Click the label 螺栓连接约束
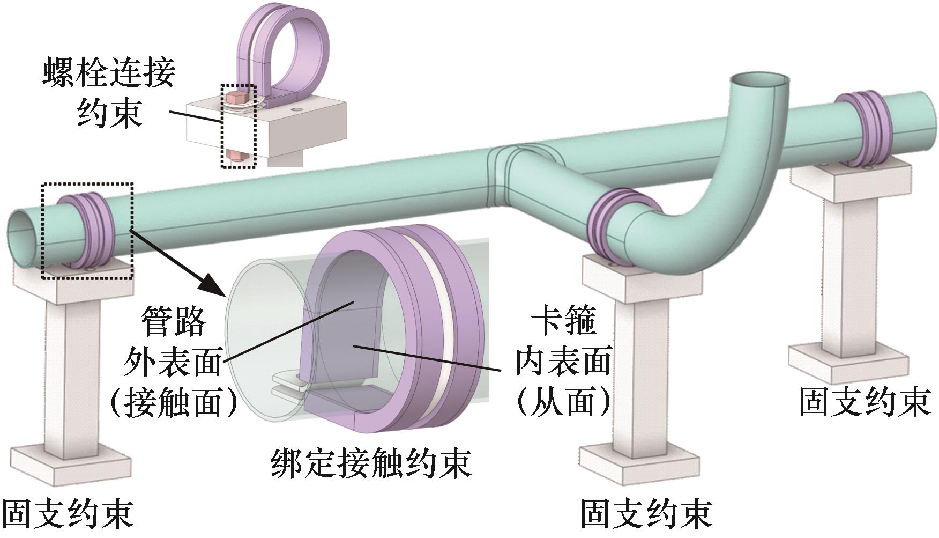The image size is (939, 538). click(x=109, y=93)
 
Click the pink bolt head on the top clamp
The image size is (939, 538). click(x=236, y=99)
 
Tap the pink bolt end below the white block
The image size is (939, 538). click(x=236, y=156)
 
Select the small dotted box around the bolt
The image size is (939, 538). click(x=239, y=126)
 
